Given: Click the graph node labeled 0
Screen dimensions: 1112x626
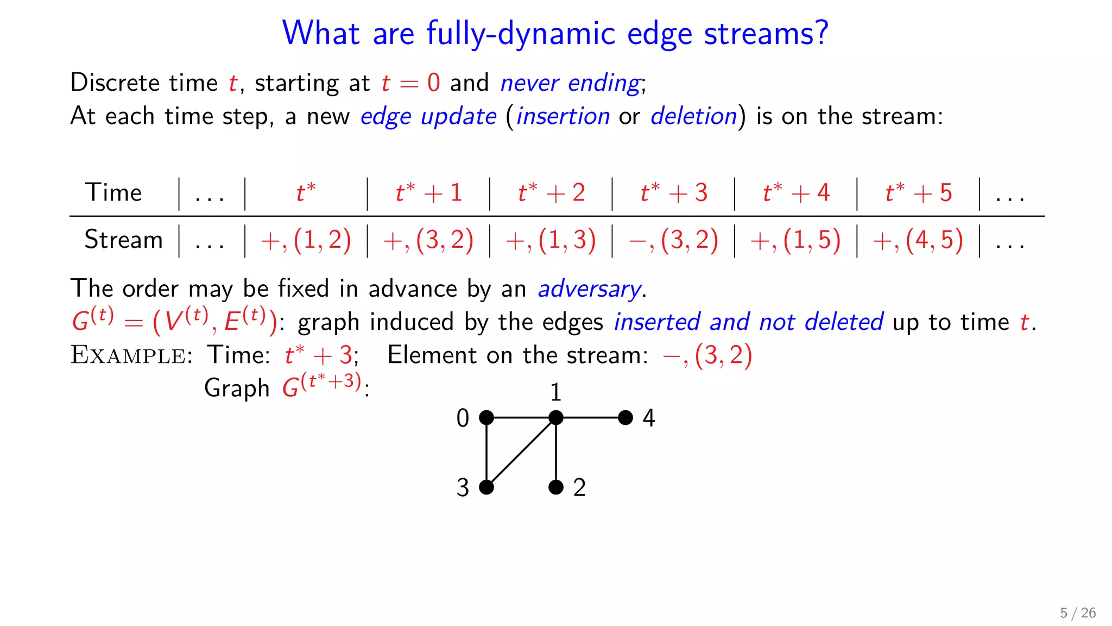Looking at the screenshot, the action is [x=486, y=417].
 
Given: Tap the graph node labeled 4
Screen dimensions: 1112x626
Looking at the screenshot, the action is [x=625, y=417].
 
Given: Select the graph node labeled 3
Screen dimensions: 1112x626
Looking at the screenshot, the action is [x=486, y=487].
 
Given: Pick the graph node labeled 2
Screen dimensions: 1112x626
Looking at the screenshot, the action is [x=556, y=487].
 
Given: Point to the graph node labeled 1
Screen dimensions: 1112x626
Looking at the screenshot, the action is [x=556, y=417].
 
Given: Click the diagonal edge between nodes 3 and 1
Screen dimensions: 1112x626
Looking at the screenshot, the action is [x=521, y=452].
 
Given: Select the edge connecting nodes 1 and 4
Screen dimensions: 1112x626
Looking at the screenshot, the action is [x=591, y=417].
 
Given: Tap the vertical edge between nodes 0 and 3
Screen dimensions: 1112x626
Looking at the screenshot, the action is [x=486, y=452].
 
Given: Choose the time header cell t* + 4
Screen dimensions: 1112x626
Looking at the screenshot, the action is [x=796, y=193].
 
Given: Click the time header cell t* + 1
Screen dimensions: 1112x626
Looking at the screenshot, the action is [x=428, y=193].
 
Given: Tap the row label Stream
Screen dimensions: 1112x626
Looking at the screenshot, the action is [x=123, y=240].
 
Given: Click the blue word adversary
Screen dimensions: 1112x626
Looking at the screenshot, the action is [x=589, y=289].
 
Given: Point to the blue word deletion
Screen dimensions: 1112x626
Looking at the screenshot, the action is [x=693, y=116].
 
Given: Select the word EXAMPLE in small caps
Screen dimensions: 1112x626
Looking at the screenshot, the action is [x=128, y=355].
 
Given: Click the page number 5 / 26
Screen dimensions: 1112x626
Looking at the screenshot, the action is [x=1078, y=613].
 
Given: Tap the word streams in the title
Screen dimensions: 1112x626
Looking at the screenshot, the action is [x=766, y=34].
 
